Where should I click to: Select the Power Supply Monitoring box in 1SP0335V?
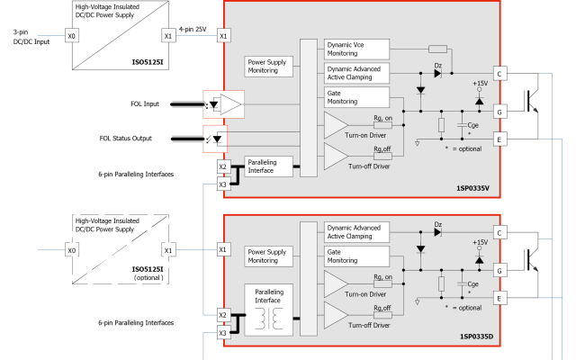268,67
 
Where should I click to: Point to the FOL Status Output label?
126,139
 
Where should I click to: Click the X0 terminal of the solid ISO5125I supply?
71,36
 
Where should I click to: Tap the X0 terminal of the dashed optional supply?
71,250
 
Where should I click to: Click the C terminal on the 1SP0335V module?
499,74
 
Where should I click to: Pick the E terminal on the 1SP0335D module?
499,297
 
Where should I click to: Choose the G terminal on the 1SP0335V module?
499,112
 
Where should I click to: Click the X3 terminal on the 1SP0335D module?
223,333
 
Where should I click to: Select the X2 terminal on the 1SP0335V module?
223,166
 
